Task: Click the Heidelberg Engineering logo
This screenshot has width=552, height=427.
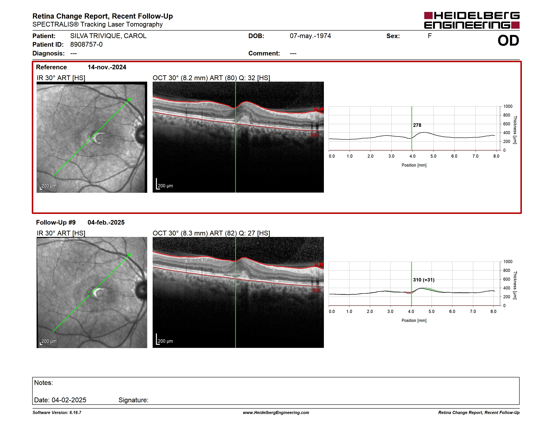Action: tap(472, 20)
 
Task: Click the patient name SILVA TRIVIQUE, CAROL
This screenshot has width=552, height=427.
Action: tap(108, 36)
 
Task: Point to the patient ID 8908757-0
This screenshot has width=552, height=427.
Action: tap(86, 45)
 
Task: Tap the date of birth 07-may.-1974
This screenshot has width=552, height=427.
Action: tap(310, 36)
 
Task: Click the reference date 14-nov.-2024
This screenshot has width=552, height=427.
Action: tap(107, 67)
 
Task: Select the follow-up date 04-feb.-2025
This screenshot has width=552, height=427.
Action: tap(106, 222)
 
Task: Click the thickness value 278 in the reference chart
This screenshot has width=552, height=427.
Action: tap(417, 125)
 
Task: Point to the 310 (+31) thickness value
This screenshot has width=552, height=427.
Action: tap(424, 280)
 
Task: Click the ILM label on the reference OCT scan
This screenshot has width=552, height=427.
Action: tap(319, 109)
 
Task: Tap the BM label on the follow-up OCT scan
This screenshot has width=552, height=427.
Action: tap(316, 290)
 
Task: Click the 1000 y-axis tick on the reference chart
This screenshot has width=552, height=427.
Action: tap(508, 106)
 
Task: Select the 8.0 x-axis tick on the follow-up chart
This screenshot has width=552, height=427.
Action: tap(493, 311)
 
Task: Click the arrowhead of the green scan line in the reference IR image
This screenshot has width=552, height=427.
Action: tap(129, 100)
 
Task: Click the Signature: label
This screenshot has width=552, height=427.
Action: tap(133, 400)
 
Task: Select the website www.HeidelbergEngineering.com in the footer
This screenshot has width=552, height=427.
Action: tap(276, 413)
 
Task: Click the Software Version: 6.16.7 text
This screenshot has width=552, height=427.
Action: tap(57, 413)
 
